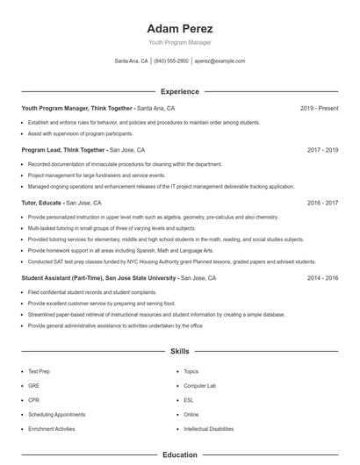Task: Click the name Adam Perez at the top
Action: [179, 28]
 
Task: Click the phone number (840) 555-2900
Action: [171, 61]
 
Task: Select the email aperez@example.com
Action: [220, 61]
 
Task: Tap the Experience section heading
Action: [179, 91]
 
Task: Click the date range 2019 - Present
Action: [319, 108]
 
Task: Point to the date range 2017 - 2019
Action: [322, 150]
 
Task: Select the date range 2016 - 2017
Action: [322, 203]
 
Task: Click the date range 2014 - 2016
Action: [322, 277]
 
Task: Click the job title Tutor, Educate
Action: [42, 203]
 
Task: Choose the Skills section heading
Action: [179, 351]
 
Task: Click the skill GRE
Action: [33, 386]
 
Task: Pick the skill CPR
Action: [33, 400]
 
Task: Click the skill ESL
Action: [189, 400]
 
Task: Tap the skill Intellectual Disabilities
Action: [208, 429]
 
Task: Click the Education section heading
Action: [179, 455]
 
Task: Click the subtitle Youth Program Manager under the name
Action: [179, 42]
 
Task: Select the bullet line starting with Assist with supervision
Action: [81, 133]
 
